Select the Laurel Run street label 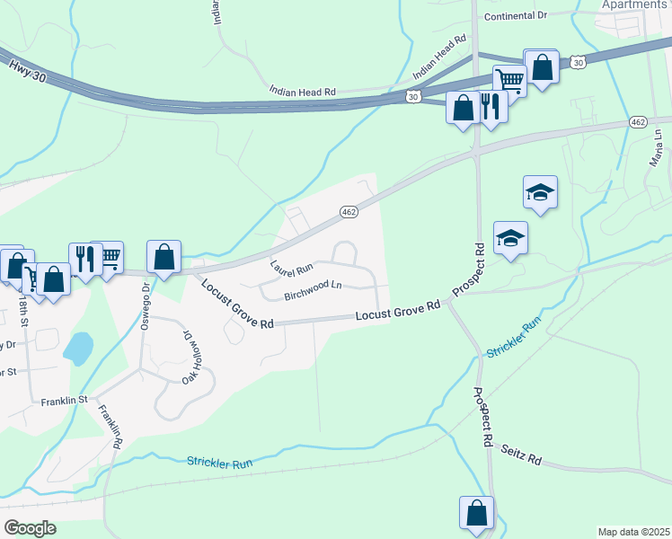pos(292,267)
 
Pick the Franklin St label pos(63,401)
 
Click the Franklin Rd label pos(110,428)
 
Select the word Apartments pos(634,4)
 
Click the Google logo pos(30,527)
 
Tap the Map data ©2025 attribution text pos(633,532)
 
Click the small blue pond pos(78,347)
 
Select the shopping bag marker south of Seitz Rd pos(477,513)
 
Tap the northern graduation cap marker pos(540,192)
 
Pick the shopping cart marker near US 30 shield pos(510,81)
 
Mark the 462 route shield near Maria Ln pos(638,121)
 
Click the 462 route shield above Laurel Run pos(349,211)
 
